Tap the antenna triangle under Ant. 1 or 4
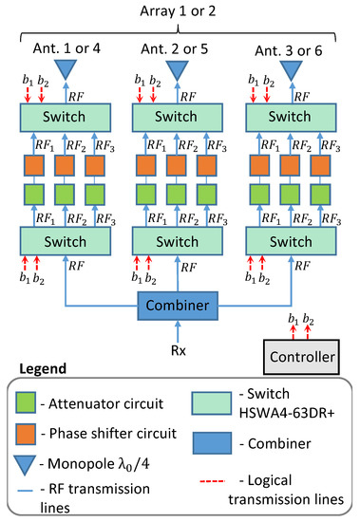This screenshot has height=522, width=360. [66, 70]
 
